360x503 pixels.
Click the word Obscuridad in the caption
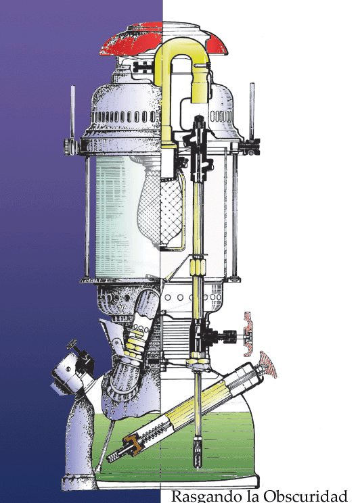(x=305, y=496)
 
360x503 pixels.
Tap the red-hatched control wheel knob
(x=248, y=334)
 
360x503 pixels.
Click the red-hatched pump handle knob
(x=269, y=364)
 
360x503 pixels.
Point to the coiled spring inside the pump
(x=152, y=432)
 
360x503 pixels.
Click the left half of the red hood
(x=132, y=40)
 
